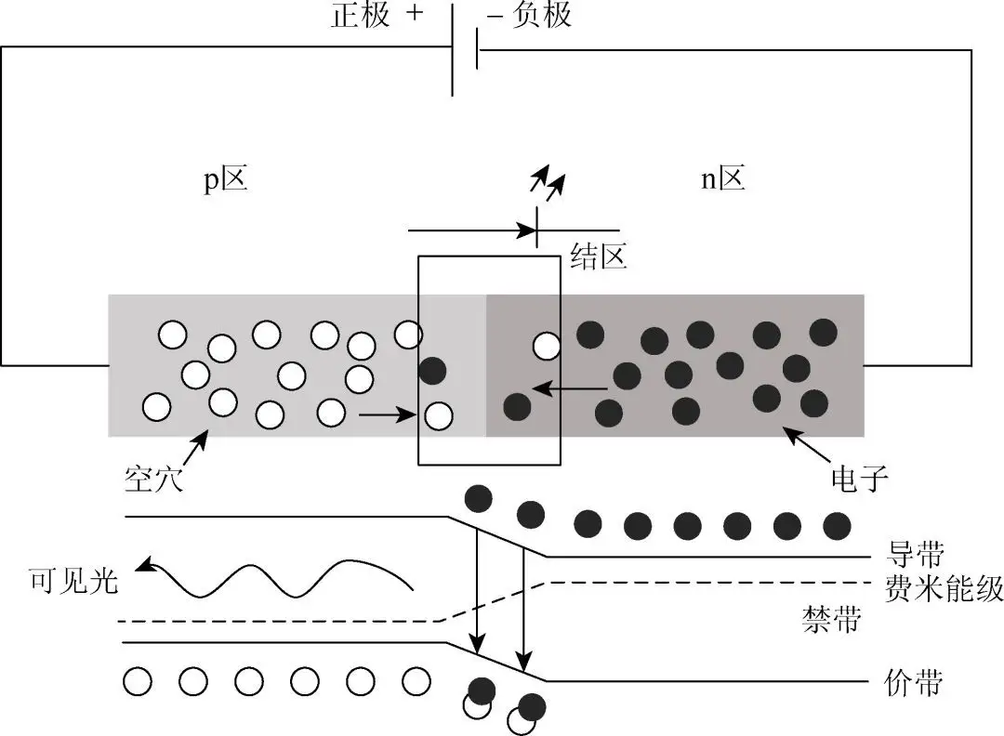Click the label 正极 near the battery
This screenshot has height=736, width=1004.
(361, 15)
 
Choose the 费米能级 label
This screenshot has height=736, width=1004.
(942, 588)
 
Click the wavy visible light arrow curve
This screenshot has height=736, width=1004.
(279, 577)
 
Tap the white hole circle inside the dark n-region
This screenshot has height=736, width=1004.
(547, 346)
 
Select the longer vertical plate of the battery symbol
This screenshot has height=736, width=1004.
(453, 51)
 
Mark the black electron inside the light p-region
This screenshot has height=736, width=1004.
(432, 371)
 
